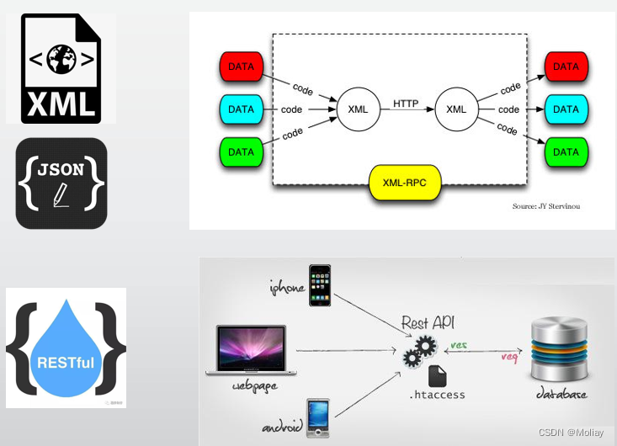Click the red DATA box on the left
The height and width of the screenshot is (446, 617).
[x=241, y=66]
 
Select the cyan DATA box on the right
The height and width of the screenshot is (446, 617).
[x=566, y=109]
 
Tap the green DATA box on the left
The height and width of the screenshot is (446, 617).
[x=241, y=152]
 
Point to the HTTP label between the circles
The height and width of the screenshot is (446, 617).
[x=405, y=104]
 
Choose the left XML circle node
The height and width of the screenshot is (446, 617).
[x=358, y=109]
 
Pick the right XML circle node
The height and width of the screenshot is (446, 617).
[x=456, y=109]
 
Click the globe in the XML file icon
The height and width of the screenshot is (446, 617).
[x=61, y=59]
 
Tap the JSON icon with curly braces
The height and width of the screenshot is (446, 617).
[x=61, y=183]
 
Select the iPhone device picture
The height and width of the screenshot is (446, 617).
[x=320, y=285]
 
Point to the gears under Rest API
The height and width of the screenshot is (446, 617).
[x=419, y=351]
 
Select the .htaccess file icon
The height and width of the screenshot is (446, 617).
[x=437, y=375]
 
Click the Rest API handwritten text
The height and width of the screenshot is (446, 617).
[x=428, y=322]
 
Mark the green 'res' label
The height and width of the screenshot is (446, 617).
[x=459, y=345]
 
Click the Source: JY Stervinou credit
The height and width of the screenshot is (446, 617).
[x=545, y=206]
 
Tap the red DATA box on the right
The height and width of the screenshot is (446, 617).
[x=566, y=66]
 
